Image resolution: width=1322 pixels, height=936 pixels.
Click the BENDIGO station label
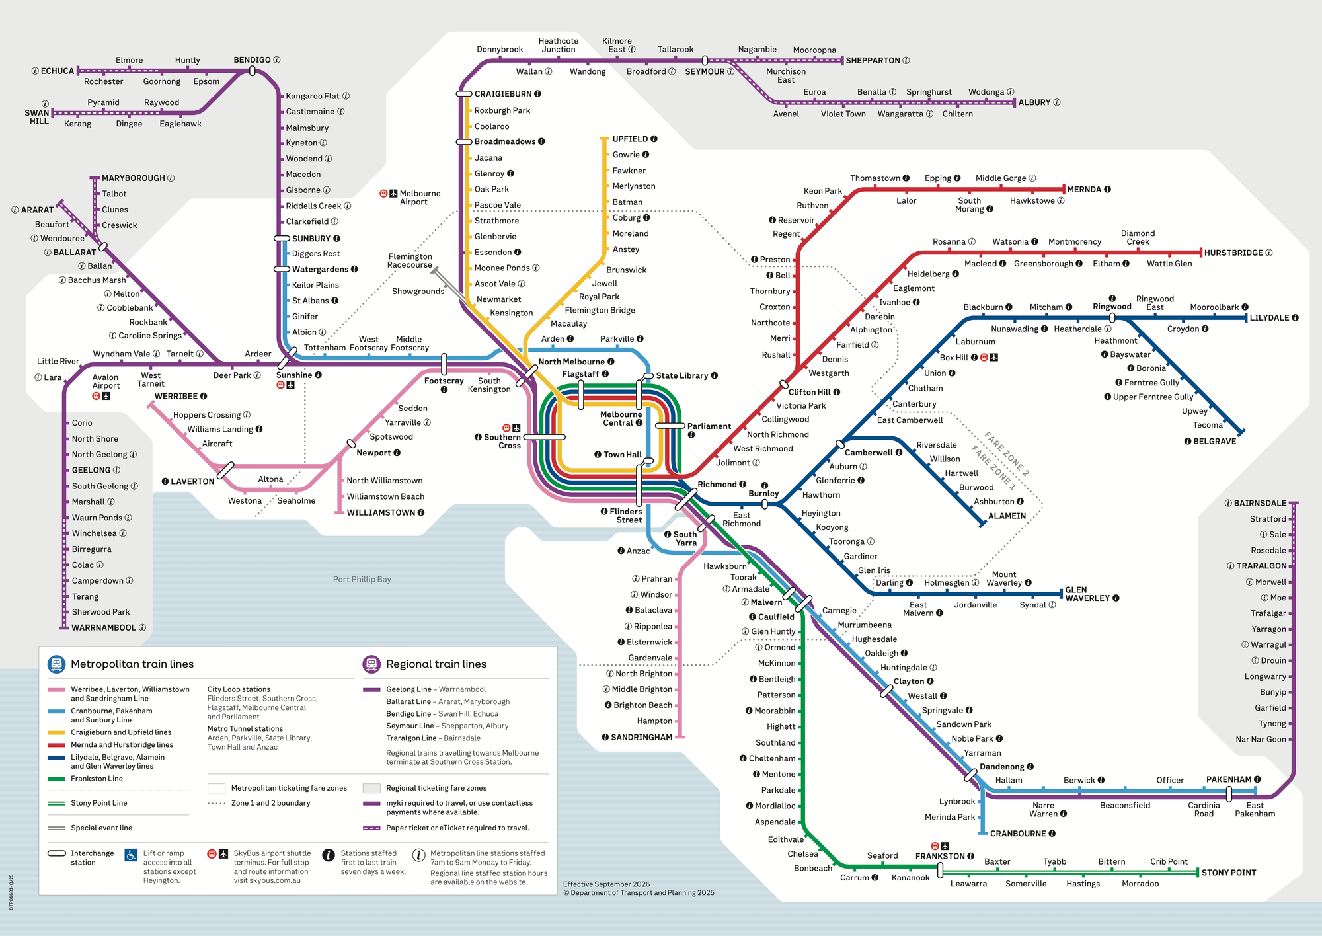[x=252, y=60]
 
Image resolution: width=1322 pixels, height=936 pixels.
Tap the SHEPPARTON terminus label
[x=873, y=61]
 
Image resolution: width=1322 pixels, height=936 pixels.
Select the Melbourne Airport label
[x=419, y=198]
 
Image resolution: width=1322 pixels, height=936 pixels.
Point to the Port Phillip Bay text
[x=362, y=580]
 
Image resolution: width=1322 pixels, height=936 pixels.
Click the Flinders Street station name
[x=625, y=516]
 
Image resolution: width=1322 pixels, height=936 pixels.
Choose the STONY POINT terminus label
[x=1228, y=873]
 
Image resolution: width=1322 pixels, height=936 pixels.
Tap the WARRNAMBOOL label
[x=104, y=628]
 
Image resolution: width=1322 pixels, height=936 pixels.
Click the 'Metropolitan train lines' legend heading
[x=132, y=664]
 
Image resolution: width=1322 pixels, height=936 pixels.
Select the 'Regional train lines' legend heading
[x=436, y=664]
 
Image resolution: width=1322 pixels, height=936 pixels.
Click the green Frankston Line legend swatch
[x=56, y=779]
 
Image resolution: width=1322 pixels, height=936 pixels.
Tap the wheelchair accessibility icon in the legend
[x=131, y=855]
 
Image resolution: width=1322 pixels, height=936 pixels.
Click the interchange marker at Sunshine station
[x=287, y=359]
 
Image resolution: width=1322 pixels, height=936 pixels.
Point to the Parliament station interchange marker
[x=670, y=426]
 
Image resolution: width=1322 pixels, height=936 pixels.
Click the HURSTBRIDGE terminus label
[x=1233, y=253]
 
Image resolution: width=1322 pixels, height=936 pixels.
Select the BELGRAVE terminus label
[x=1214, y=442]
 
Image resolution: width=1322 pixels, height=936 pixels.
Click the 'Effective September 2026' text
[x=606, y=884]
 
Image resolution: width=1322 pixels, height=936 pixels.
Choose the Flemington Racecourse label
[x=410, y=261]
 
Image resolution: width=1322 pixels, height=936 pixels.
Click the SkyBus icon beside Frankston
[x=935, y=846]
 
